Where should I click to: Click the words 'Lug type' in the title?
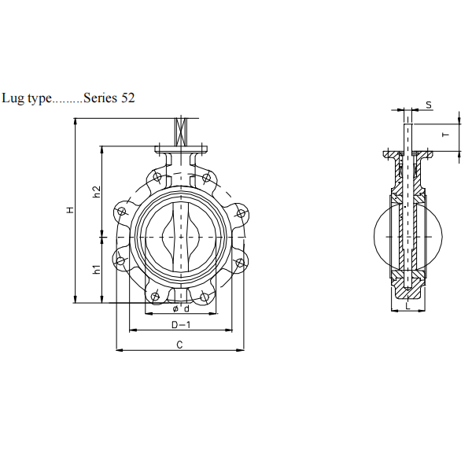click(x=26, y=98)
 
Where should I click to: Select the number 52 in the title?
click(x=127, y=98)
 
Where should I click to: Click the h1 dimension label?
click(x=96, y=269)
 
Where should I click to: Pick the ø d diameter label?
click(x=180, y=308)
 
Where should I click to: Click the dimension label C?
click(x=179, y=345)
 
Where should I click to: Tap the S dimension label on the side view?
click(x=429, y=105)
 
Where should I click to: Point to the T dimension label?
click(x=445, y=135)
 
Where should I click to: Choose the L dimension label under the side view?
click(x=407, y=307)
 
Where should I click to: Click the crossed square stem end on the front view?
click(x=180, y=129)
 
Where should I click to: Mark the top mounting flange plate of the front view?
click(x=180, y=149)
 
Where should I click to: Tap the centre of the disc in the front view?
click(x=180, y=234)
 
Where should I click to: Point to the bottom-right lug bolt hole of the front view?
click(x=205, y=296)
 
